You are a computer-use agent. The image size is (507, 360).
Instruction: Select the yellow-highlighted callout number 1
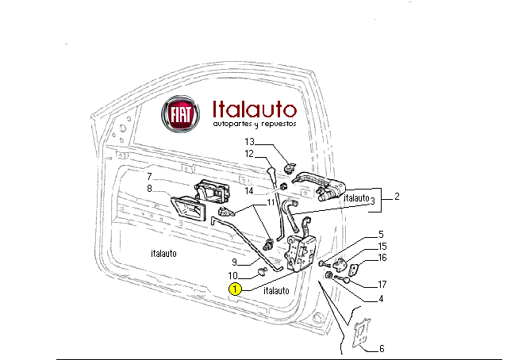(x=235, y=289)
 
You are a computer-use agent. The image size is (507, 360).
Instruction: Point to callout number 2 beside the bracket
(x=397, y=196)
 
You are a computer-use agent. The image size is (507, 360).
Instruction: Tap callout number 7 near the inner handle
(x=148, y=176)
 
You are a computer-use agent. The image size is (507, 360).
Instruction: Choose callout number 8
(x=148, y=188)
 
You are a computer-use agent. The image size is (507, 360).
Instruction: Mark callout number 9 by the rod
(x=235, y=263)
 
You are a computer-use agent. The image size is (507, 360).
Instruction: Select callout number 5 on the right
(x=381, y=235)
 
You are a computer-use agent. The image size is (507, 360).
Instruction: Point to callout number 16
(x=382, y=258)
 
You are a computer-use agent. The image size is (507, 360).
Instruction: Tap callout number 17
(x=382, y=284)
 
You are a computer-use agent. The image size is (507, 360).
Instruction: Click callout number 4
(x=381, y=299)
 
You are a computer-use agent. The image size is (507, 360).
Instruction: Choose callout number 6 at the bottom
(x=382, y=349)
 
